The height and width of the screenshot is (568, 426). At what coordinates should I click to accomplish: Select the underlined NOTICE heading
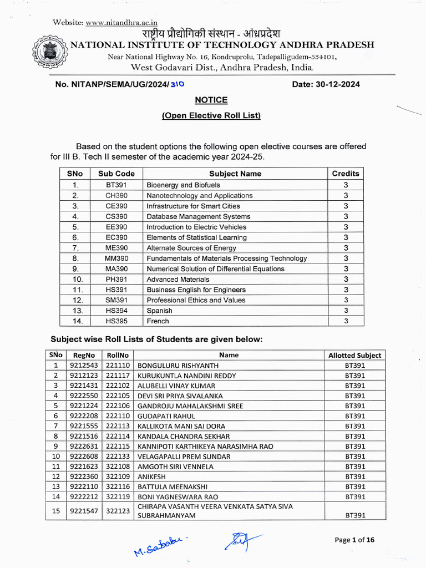click(211, 100)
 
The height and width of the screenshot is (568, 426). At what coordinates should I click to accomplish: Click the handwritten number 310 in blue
click(177, 84)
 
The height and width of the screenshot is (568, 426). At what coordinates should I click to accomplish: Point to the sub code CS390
click(116, 216)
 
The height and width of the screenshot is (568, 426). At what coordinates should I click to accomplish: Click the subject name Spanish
click(159, 311)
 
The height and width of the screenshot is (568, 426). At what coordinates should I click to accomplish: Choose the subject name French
click(158, 321)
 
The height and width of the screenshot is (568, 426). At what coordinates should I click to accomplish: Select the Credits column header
click(346, 174)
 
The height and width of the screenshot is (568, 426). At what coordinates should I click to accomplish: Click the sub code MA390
click(116, 268)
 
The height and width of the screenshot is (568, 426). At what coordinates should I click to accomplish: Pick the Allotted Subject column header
click(355, 355)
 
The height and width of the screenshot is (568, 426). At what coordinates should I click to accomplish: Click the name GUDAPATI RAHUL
click(165, 416)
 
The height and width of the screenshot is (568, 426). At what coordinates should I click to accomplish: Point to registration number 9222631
click(84, 447)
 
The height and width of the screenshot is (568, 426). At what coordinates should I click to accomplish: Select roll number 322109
click(118, 476)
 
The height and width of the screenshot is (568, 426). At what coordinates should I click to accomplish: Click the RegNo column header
click(84, 355)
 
